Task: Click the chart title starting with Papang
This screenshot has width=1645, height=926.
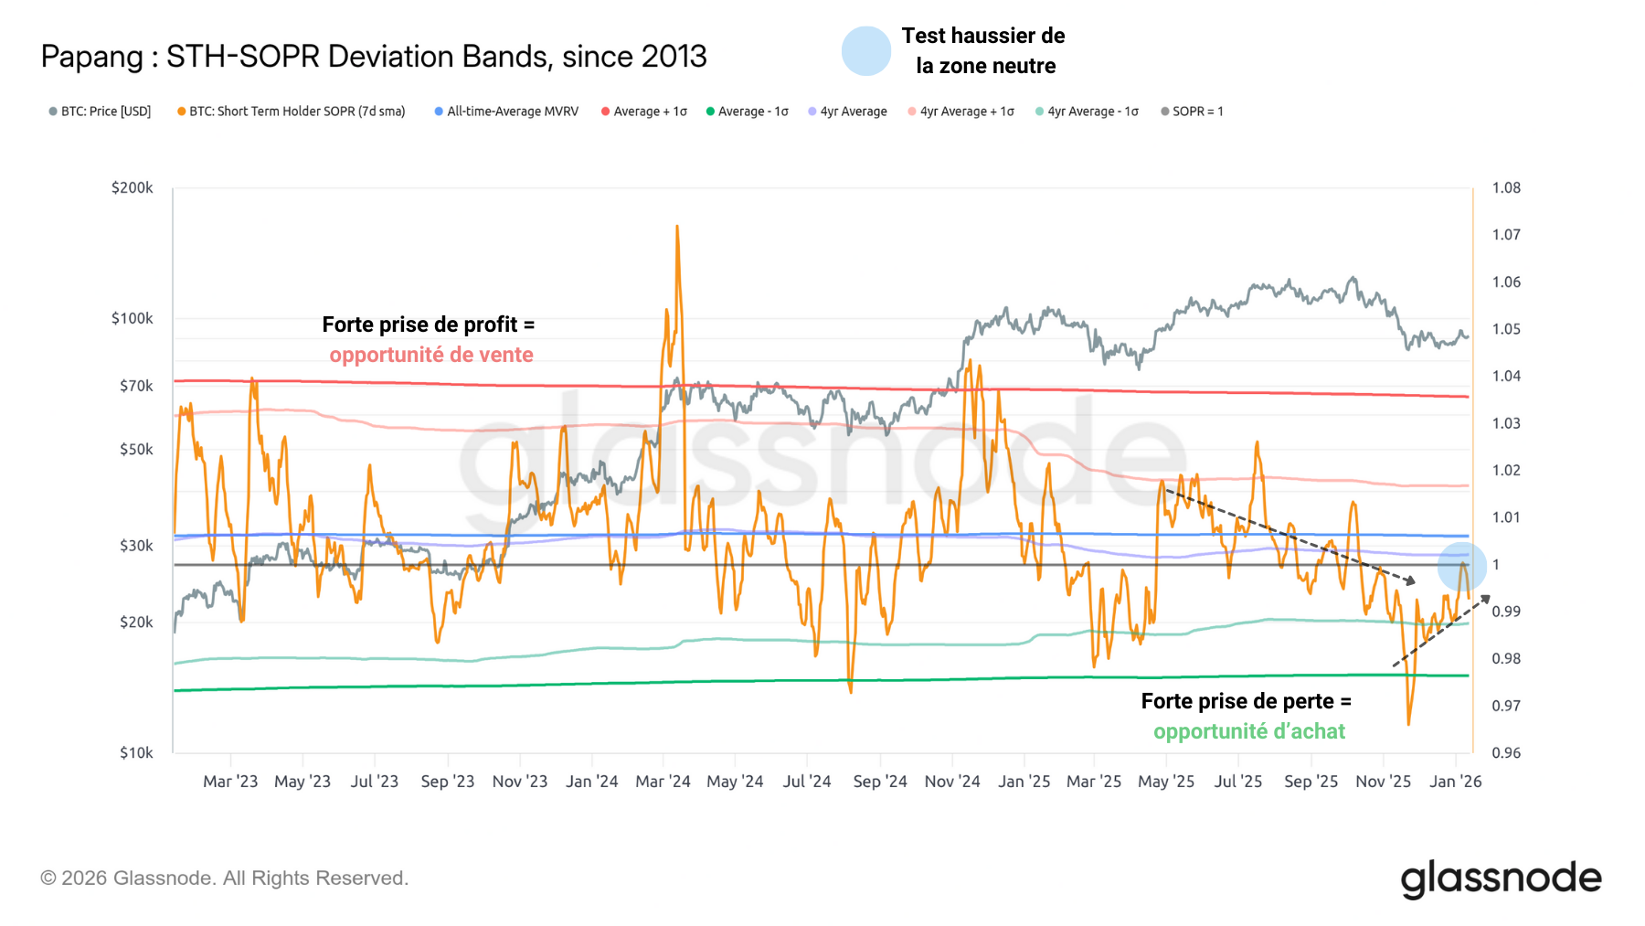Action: tap(373, 57)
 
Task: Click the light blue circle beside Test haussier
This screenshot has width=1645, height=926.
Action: tap(865, 51)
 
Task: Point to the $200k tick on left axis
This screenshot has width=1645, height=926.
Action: tap(133, 187)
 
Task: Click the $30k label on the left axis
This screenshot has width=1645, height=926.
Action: tap(136, 546)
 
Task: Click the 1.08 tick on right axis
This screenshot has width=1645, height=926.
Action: tap(1506, 187)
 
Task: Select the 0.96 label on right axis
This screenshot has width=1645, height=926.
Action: tap(1506, 752)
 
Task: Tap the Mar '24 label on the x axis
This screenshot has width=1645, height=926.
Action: tap(663, 782)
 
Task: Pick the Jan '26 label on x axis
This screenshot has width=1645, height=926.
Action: tap(1455, 782)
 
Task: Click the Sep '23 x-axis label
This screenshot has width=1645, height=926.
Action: tap(447, 782)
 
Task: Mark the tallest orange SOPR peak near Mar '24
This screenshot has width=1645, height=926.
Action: tap(677, 227)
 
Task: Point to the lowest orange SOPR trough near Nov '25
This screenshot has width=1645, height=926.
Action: tap(1408, 724)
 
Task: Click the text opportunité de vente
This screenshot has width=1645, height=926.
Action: tap(431, 355)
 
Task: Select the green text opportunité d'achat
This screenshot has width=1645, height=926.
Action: tap(1248, 731)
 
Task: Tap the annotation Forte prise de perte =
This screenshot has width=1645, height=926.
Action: tap(1246, 701)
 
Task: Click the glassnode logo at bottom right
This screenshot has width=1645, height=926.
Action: tap(1501, 878)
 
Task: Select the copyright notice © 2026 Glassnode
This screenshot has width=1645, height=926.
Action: tap(224, 878)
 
